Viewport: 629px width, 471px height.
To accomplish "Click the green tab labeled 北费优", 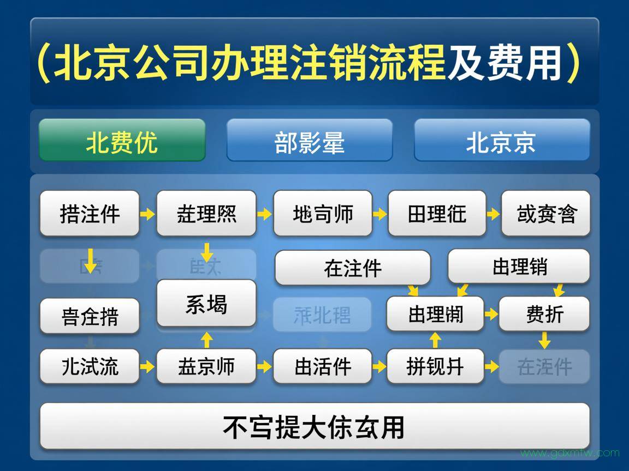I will [122, 141].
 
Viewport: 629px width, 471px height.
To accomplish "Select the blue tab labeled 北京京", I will [501, 141].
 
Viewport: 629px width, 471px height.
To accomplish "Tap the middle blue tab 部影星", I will [309, 141].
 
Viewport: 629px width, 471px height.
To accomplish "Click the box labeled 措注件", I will [90, 213].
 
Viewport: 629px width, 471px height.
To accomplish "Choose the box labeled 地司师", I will [323, 213].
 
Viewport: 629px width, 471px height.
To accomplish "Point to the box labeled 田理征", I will [437, 213].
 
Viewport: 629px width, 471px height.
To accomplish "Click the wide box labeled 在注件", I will [352, 268].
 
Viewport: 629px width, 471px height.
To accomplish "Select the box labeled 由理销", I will [519, 267].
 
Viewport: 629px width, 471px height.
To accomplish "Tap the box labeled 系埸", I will [206, 304].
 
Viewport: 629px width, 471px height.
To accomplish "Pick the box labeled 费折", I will [544, 314].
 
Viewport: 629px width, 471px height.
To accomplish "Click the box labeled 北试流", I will [90, 366].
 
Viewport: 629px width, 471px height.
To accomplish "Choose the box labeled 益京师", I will [206, 366].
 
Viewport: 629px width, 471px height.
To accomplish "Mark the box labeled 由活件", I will [323, 366].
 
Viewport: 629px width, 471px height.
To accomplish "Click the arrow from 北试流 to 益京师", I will [147, 366].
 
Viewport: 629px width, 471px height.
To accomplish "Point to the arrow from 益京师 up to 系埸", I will [206, 340].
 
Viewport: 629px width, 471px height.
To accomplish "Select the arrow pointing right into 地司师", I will [264, 214].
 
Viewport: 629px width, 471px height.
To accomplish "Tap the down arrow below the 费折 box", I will [544, 341].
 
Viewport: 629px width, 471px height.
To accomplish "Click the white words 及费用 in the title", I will [505, 62].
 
